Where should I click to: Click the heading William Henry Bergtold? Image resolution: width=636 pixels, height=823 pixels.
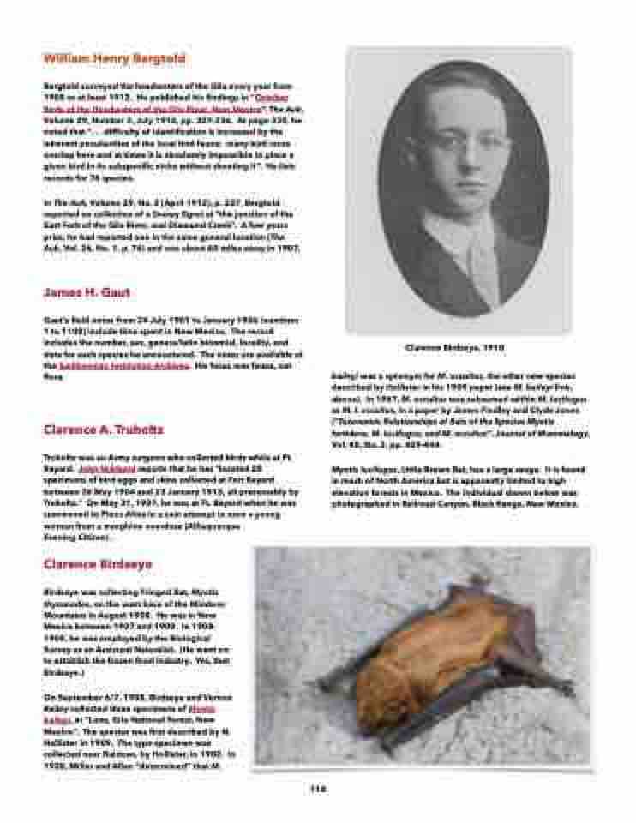click(x=114, y=58)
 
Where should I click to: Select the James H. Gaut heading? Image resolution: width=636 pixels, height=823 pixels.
click(x=87, y=292)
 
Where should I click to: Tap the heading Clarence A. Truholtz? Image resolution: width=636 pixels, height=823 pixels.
click(x=103, y=429)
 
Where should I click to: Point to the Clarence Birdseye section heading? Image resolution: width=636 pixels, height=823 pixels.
click(x=98, y=564)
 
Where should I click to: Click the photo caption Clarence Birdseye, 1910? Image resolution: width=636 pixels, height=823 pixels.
click(x=454, y=348)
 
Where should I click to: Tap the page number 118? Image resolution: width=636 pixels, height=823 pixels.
click(x=316, y=789)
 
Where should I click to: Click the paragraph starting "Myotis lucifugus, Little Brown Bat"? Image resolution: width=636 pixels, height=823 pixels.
click(x=459, y=487)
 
